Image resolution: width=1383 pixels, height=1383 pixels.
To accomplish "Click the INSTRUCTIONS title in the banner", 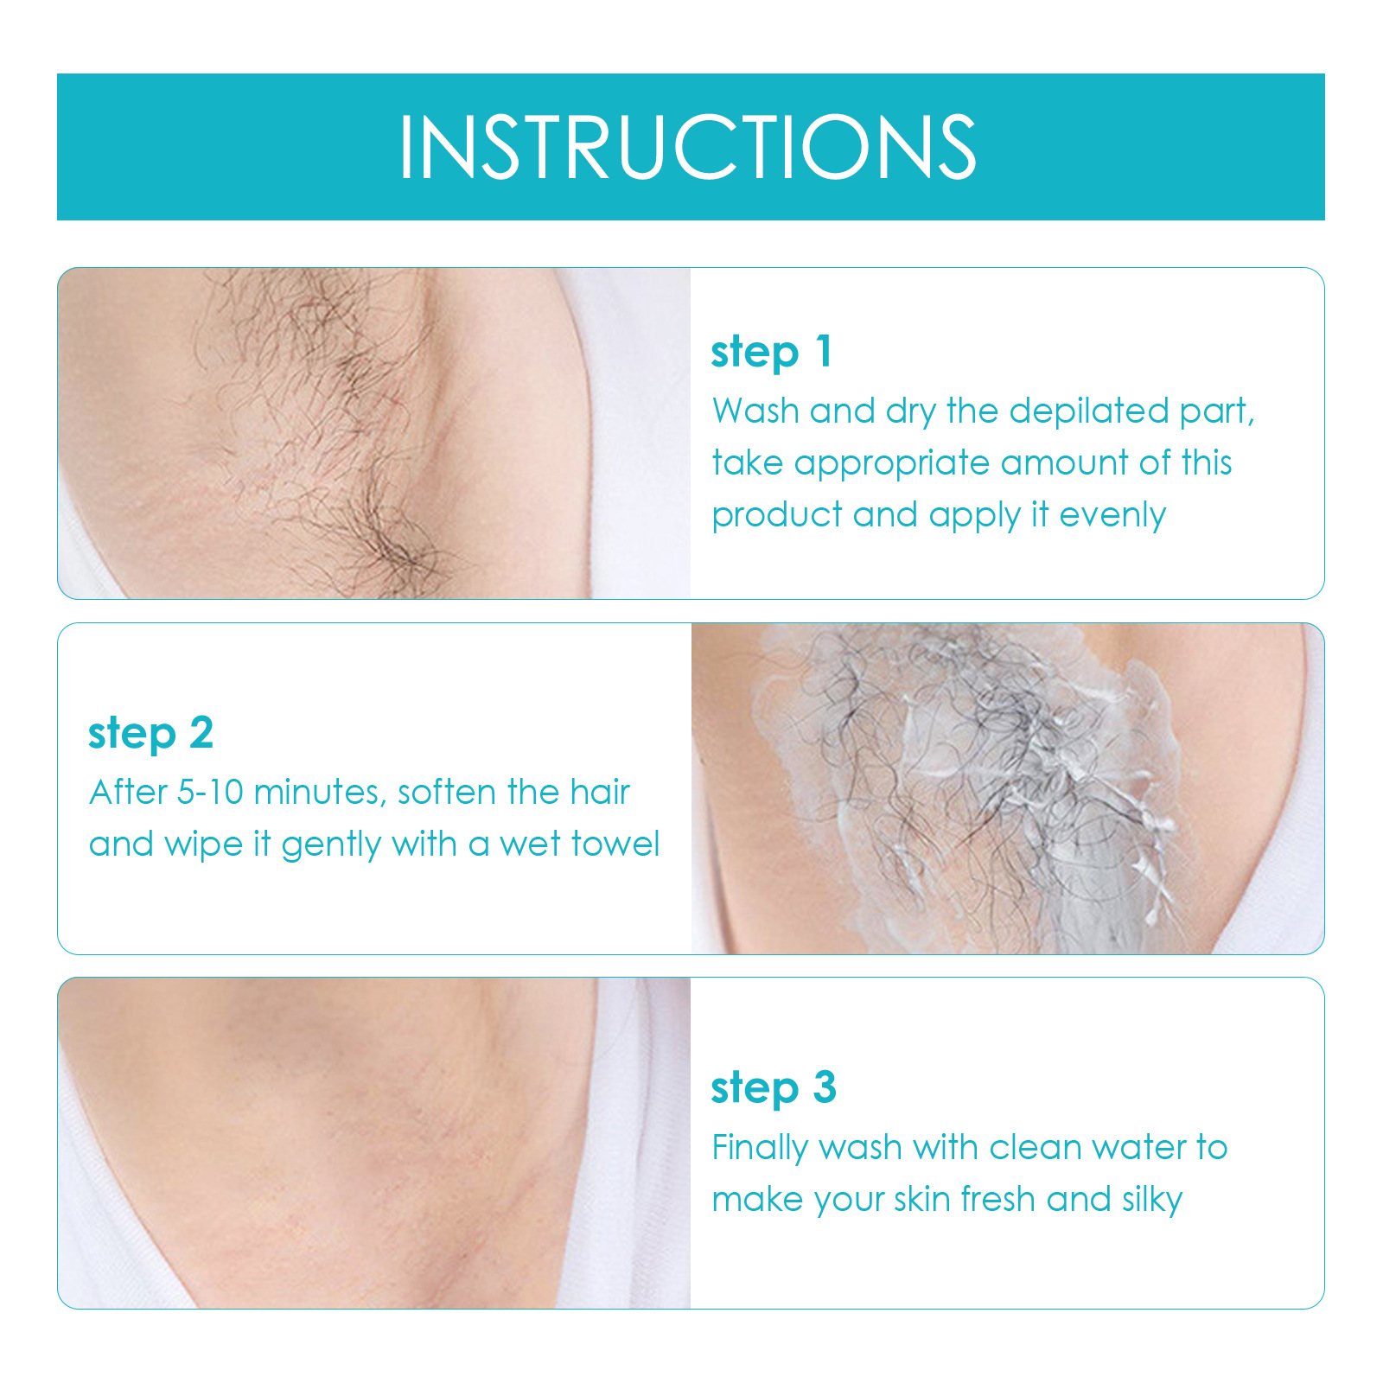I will pos(687,147).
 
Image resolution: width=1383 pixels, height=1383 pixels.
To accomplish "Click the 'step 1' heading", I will pos(771,352).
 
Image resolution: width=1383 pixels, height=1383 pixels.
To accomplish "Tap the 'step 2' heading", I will pos(150,733).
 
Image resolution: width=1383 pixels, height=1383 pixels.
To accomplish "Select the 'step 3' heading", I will pos(773,1087).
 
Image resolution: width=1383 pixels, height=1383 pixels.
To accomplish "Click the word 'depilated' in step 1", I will pos(1088,411).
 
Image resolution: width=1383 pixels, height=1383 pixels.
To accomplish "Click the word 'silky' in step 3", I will pos(1151,1200).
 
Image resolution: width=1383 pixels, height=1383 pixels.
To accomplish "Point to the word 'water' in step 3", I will pos(1138,1148).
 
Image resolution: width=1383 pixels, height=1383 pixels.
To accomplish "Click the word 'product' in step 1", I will pos(776,516).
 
